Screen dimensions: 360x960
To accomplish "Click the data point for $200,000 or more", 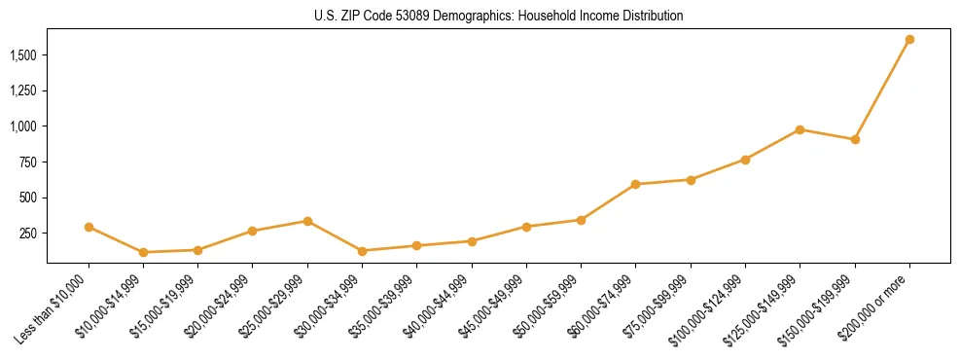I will click(909, 40).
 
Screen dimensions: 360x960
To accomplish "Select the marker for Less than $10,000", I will click(89, 227).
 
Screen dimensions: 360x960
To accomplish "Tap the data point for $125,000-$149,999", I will click(800, 129).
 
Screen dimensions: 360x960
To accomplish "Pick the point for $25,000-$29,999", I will click(307, 221).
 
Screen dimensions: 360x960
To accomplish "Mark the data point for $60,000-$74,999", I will click(635, 184).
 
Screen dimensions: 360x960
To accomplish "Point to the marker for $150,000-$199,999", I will click(855, 139).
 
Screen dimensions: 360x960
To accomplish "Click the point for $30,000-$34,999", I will click(362, 251).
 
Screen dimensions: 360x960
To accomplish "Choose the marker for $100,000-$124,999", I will click(745, 160).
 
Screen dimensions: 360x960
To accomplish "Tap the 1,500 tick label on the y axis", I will click(24, 55).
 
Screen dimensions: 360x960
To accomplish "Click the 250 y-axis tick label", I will click(28, 234).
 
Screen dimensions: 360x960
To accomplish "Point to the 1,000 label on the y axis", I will click(24, 126).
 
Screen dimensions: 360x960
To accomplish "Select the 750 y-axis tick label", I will click(28, 162).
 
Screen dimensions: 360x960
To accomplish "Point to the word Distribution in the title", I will click(650, 17).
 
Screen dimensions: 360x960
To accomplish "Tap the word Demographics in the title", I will click(478, 17).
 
